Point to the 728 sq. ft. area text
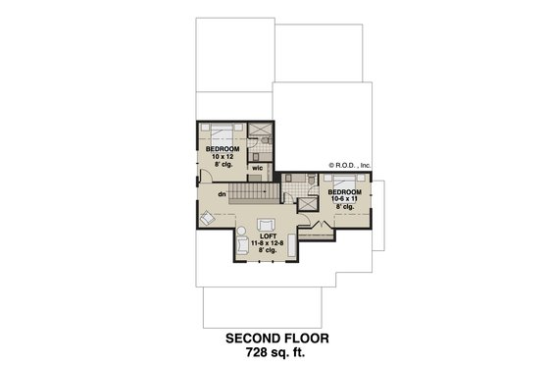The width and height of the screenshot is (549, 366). click(274, 354)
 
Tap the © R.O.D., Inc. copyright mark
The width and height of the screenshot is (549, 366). click(350, 165)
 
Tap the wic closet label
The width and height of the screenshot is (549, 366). click(257, 169)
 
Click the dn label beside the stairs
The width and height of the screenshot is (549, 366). click(223, 194)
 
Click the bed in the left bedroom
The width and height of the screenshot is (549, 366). click(221, 131)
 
